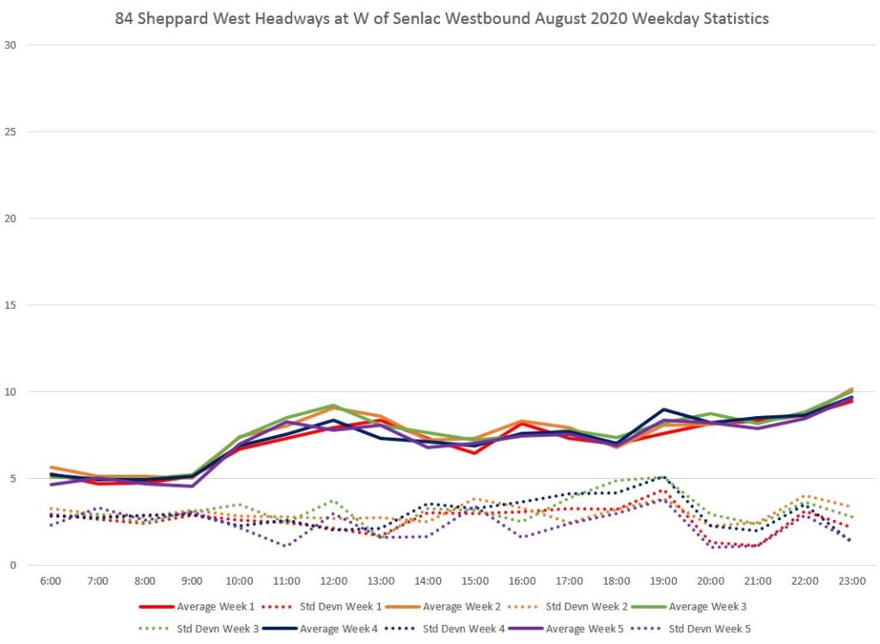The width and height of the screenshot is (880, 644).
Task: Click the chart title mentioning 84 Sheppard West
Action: (x=442, y=18)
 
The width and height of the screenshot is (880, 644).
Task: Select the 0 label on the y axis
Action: (x=12, y=565)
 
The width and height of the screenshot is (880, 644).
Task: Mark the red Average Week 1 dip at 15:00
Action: (x=474, y=452)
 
